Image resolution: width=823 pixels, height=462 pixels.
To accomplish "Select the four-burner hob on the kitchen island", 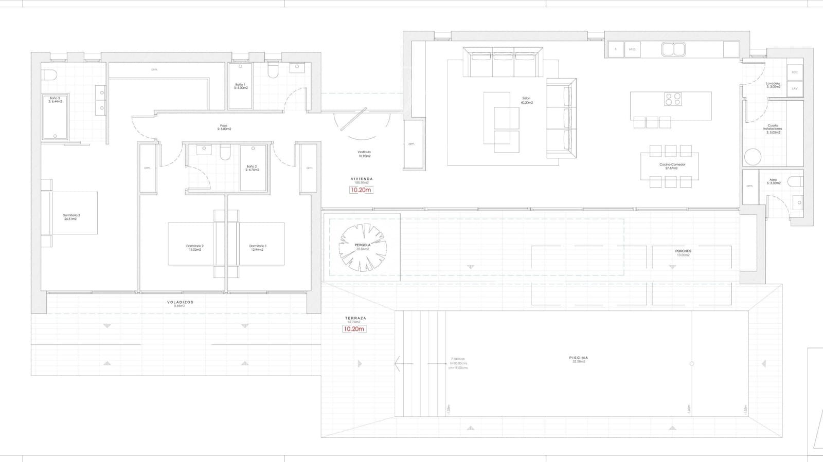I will click(x=672, y=99).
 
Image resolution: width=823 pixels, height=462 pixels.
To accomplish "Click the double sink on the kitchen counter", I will click(x=673, y=49).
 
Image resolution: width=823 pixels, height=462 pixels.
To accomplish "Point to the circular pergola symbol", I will click(x=362, y=248).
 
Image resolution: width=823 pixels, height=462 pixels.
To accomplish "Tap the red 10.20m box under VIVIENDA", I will click(x=361, y=190).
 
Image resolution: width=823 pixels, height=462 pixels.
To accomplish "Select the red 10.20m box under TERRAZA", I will click(x=354, y=329).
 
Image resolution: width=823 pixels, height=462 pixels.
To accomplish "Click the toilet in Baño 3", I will click(x=49, y=75).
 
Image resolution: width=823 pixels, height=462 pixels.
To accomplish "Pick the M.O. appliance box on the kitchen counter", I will click(x=632, y=49).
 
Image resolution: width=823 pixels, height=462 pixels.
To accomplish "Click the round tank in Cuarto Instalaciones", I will click(x=753, y=157).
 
